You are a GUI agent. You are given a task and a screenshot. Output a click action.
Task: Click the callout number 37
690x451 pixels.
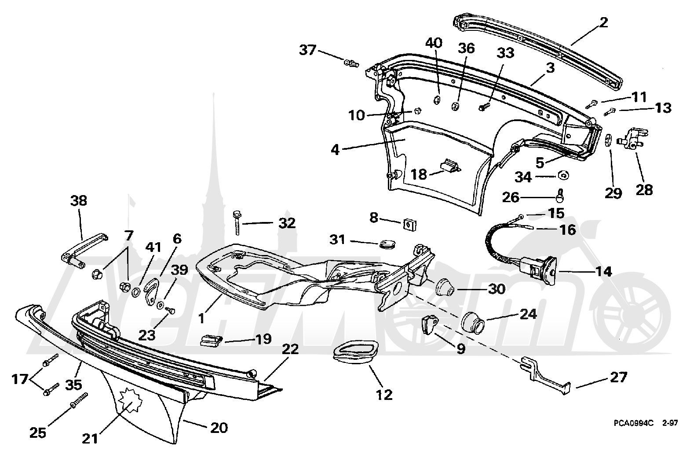(308, 50)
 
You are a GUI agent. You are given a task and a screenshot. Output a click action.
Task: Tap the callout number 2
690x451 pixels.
(603, 22)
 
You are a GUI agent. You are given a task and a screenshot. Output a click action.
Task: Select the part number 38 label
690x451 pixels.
(79, 201)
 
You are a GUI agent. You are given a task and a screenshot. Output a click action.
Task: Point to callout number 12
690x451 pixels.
(384, 395)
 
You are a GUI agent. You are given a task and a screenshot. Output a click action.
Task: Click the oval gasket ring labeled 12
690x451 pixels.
(356, 353)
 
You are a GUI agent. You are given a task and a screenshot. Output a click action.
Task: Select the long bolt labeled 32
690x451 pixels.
(237, 222)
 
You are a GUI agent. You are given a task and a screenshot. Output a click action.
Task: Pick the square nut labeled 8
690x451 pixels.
(409, 224)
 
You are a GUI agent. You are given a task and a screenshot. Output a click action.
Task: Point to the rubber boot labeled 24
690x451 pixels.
(473, 322)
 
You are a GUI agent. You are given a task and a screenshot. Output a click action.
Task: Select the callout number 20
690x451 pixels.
(219, 428)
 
